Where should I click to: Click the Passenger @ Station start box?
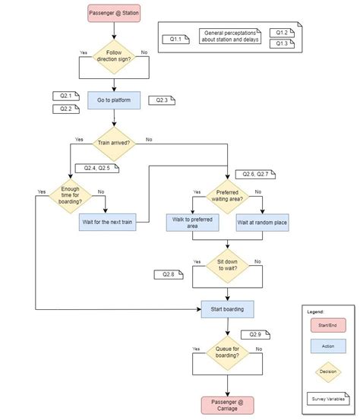pyautogui.click(x=114, y=14)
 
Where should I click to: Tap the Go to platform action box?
pyautogui.click(x=114, y=100)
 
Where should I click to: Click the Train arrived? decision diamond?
pyautogui.click(x=114, y=141)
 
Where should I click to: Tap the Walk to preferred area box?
pyautogui.click(x=192, y=223)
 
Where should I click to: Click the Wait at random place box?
pyautogui.click(x=262, y=223)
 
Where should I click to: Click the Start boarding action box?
pyautogui.click(x=228, y=308)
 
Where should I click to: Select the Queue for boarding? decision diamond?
pyautogui.click(x=228, y=352)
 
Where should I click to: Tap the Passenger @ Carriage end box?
pyautogui.click(x=228, y=404)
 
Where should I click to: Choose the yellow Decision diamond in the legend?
pyautogui.click(x=327, y=371)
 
